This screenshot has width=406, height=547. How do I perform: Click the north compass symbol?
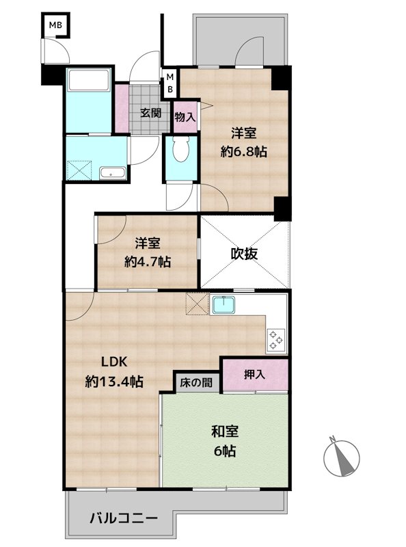(341, 457)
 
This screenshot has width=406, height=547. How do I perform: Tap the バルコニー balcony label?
(124, 518)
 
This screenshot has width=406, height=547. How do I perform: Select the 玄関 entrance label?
(150, 113)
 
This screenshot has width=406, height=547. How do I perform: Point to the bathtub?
(89, 79)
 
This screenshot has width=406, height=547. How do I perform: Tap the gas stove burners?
(276, 340)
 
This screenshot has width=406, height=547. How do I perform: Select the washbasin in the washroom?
(112, 173)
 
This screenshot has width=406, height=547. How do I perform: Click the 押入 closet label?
(254, 374)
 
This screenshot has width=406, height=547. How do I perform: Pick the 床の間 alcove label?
(196, 382)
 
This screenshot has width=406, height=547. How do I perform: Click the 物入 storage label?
(185, 117)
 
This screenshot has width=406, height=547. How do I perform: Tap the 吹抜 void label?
(244, 254)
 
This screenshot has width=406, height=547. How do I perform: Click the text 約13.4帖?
(114, 382)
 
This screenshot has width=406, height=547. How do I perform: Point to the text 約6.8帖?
(243, 151)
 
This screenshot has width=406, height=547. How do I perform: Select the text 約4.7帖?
(148, 261)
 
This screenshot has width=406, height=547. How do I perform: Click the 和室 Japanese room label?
(225, 431)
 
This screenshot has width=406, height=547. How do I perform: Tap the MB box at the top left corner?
(55, 25)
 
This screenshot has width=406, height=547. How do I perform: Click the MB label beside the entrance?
(170, 83)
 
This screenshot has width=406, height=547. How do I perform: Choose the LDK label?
(114, 362)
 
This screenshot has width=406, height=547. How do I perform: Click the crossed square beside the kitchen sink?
(197, 304)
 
